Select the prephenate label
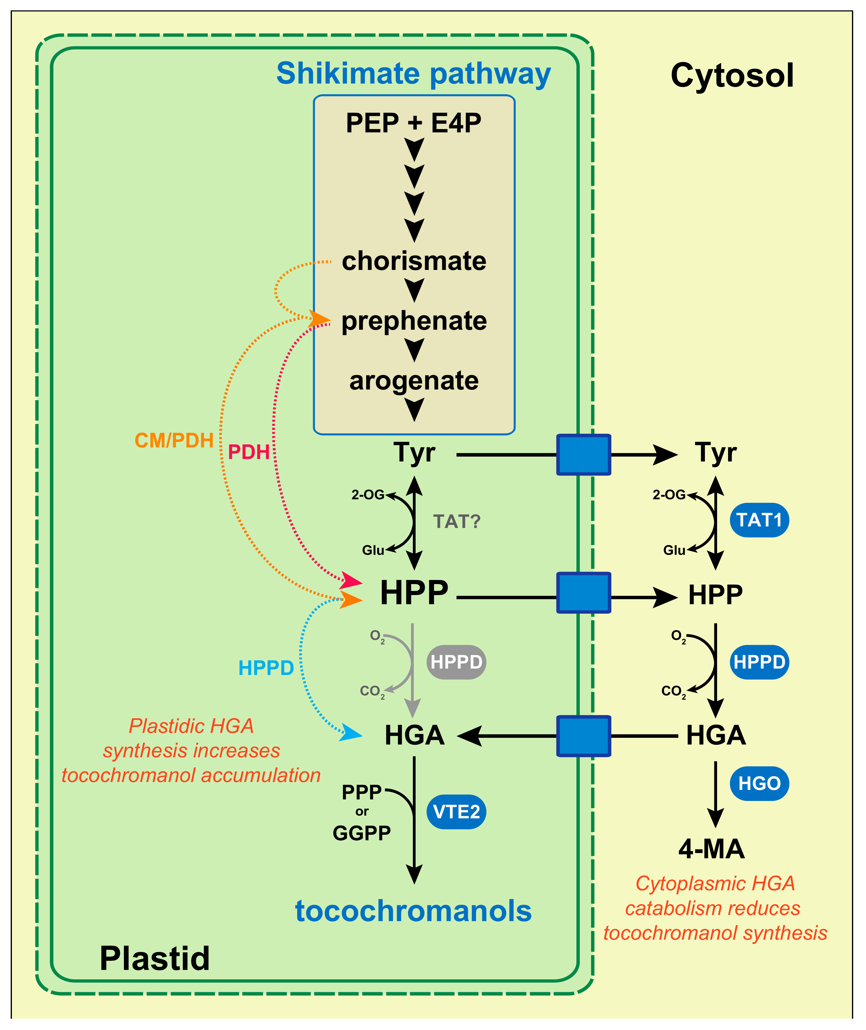pos(414,321)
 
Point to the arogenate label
pos(414,380)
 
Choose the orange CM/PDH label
pos(174,441)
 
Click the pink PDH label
pos(249,452)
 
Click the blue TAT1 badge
pos(759,520)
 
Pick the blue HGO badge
pos(759,784)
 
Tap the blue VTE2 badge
pos(456,812)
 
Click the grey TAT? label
pos(456,521)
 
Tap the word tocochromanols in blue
pos(413,911)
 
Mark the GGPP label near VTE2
pos(362,833)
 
